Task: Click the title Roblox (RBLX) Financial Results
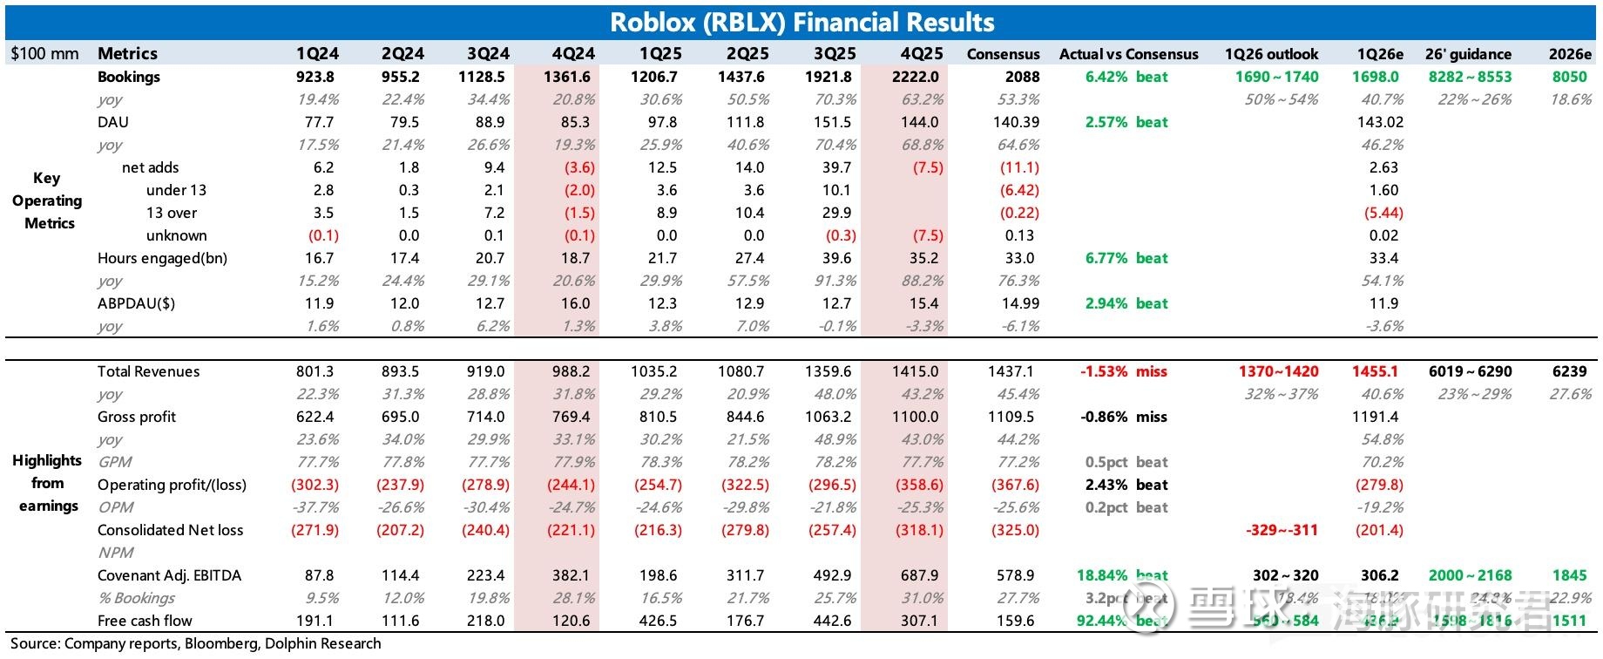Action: [801, 22]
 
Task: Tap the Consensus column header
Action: [1003, 54]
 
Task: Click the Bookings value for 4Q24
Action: [567, 77]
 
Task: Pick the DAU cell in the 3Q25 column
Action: [832, 122]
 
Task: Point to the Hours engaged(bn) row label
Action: [162, 258]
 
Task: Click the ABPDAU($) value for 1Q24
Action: [319, 303]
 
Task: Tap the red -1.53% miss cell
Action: [1123, 371]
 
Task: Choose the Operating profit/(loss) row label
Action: [172, 485]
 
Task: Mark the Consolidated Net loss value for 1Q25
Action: [658, 530]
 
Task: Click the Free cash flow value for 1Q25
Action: [658, 621]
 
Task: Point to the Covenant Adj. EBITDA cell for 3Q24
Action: [486, 575]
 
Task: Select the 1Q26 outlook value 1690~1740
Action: [1276, 77]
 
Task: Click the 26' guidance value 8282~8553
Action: [1470, 77]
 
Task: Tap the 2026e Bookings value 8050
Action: [1569, 77]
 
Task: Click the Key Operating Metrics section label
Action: [47, 200]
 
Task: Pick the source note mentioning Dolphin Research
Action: [196, 644]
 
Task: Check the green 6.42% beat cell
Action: [1126, 77]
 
